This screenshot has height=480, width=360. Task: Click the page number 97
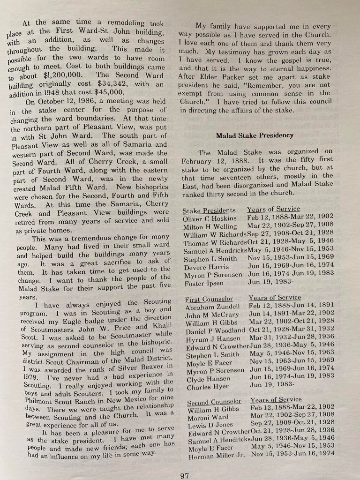click(x=185, y=475)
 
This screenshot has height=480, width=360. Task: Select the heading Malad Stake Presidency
click(x=255, y=135)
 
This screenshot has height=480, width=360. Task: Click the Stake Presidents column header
click(x=209, y=211)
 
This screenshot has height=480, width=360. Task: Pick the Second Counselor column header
click(x=214, y=402)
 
